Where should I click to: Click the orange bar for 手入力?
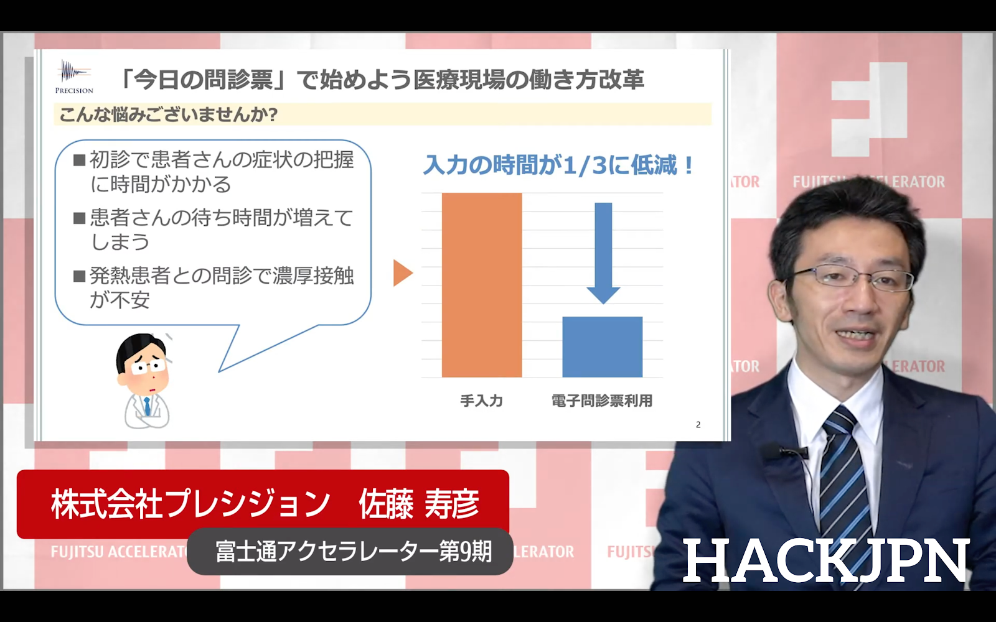click(x=482, y=285)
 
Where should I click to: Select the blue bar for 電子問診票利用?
click(x=603, y=346)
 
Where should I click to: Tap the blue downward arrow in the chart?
click(x=603, y=253)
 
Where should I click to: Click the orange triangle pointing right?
click(x=403, y=273)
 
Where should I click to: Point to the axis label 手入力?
click(x=482, y=401)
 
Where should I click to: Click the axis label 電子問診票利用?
click(x=602, y=401)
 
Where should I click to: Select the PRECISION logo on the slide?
click(x=74, y=77)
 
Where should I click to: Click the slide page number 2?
click(x=698, y=425)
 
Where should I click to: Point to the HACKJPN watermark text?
click(x=825, y=560)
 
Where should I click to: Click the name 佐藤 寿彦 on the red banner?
click(x=419, y=504)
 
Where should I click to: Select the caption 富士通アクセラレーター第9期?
click(x=354, y=551)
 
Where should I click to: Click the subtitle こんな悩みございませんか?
click(x=169, y=114)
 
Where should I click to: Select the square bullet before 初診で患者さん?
click(x=79, y=160)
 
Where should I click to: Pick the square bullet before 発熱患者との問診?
click(x=79, y=276)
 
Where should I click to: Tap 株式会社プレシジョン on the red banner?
click(x=190, y=504)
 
